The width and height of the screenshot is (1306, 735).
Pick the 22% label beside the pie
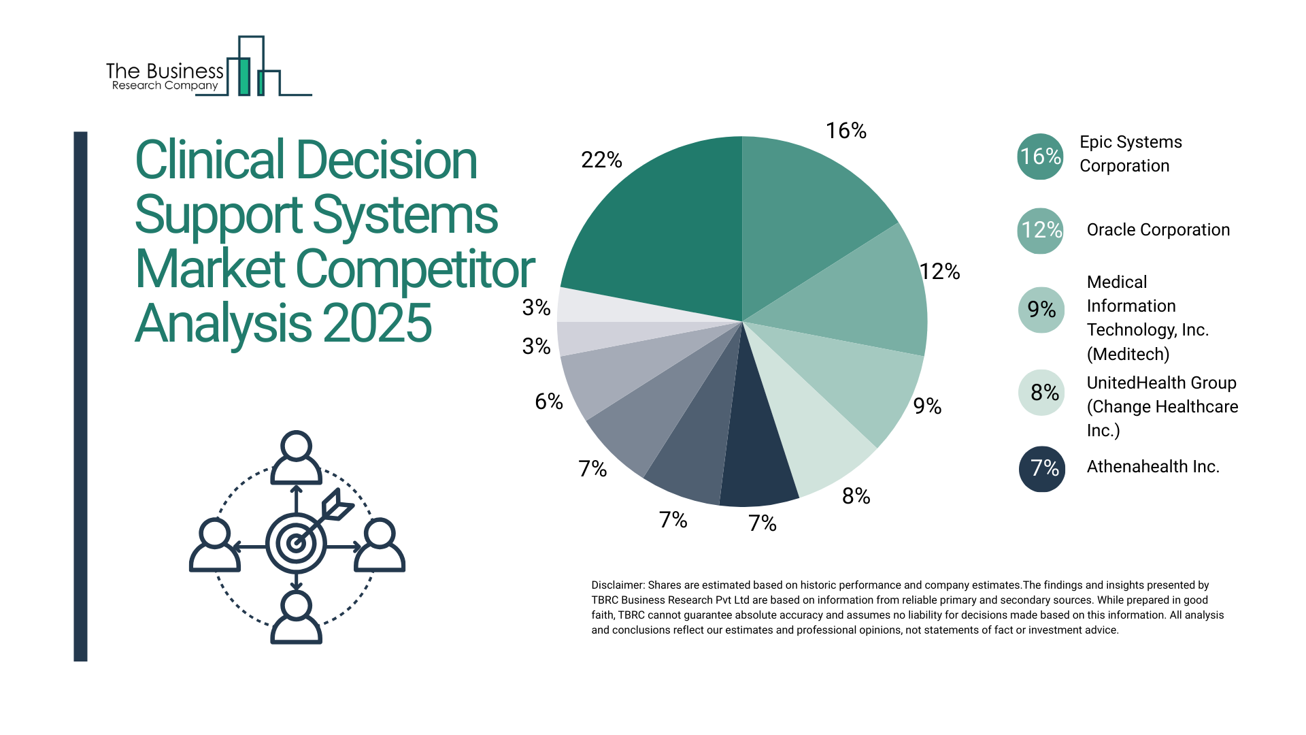pyautogui.click(x=601, y=160)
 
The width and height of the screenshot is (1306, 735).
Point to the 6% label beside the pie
pyautogui.click(x=548, y=402)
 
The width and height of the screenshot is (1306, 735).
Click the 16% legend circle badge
pyautogui.click(x=1040, y=157)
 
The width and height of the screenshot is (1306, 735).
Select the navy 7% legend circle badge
pyautogui.click(x=1041, y=468)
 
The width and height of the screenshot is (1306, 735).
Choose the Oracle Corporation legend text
pyautogui.click(x=1158, y=230)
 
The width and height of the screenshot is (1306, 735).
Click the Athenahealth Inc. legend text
pyautogui.click(x=1152, y=467)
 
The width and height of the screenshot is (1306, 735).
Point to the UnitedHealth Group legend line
pyautogui.click(x=1161, y=383)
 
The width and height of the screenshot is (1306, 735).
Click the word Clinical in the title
pyautogui.click(x=210, y=161)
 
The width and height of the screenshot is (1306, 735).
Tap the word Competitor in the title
pyautogui.click(x=415, y=269)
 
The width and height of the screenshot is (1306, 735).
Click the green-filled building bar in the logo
pyautogui.click(x=244, y=77)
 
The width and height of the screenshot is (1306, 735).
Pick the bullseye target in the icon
pyautogui.click(x=296, y=543)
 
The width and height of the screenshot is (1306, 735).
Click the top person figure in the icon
pyautogui.click(x=296, y=457)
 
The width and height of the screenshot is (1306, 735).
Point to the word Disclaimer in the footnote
pyautogui.click(x=617, y=585)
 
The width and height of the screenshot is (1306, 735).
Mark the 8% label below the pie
pyautogui.click(x=856, y=496)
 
